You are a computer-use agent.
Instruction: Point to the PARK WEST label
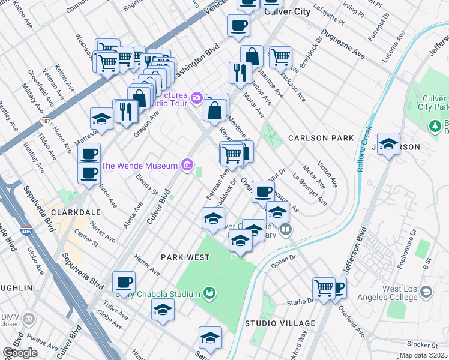[185, 257]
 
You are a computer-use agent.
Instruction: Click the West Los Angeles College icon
[426, 292]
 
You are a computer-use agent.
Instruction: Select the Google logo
[20, 353]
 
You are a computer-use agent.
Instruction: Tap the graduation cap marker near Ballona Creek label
[389, 145]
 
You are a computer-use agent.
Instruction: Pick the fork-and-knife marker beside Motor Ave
[240, 73]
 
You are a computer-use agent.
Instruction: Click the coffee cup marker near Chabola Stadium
[124, 282]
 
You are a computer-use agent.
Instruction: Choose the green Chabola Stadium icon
[209, 293]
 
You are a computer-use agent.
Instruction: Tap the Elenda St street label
[146, 184]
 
